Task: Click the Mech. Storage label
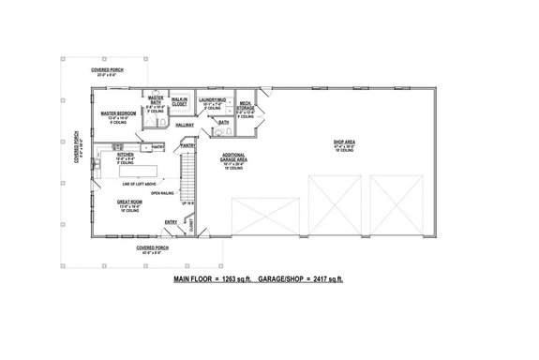[x=247, y=107]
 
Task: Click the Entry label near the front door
[x=171, y=222]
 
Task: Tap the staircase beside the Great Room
[x=188, y=178]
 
